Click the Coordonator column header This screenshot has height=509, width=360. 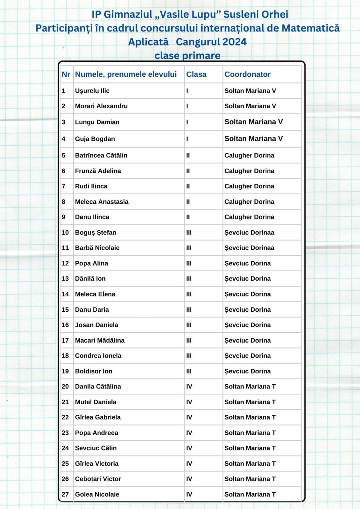coord(247,74)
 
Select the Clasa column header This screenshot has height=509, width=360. coord(196,74)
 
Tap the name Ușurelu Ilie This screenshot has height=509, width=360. coord(92,91)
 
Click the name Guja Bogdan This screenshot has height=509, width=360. coord(95,139)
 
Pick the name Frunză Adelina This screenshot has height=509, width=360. coord(98,171)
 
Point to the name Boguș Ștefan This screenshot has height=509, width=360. coord(95,233)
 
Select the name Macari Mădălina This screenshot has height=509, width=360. coord(100,340)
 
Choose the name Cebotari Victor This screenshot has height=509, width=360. coord(98,479)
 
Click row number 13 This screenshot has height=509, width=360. coord(65,279)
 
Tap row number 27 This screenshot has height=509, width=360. coord(65,494)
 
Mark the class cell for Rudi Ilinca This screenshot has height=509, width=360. coord(188,186)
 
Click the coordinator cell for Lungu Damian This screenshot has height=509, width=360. coord(253,122)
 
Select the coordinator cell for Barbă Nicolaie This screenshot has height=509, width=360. coord(249,248)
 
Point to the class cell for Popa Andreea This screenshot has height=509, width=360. coord(189,433)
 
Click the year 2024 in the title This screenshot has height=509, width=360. coord(235,42)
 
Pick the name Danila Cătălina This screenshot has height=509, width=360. coord(98,387)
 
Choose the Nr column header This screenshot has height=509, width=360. coord(66,74)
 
